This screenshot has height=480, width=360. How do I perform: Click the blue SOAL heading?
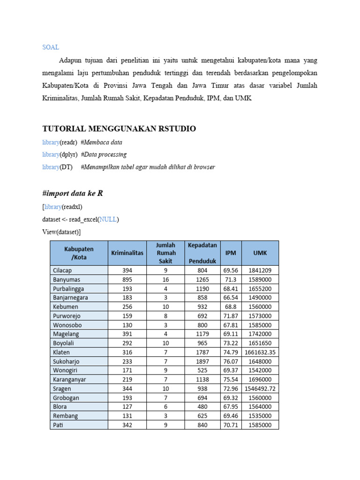51,47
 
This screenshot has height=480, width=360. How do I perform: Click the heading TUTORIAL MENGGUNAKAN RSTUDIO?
119,128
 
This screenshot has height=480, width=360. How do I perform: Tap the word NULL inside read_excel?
108,219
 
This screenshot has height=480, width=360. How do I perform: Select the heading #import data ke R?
73,193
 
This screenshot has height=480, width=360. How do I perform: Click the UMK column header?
260,253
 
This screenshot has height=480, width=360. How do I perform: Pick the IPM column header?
231,253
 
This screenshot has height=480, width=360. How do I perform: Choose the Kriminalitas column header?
127,253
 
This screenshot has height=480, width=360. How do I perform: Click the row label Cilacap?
62,270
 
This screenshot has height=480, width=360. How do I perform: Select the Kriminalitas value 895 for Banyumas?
127,279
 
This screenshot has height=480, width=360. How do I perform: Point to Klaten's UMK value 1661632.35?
260,352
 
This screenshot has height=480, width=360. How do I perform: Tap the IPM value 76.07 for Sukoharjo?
231,361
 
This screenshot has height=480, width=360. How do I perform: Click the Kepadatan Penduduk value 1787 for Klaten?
202,352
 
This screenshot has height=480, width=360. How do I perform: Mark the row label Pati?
58,425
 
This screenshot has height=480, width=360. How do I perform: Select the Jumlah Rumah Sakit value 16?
166,279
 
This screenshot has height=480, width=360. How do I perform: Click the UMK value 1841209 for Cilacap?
260,270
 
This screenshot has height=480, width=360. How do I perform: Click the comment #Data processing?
104,154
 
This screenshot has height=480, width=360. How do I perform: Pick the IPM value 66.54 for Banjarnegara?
231,298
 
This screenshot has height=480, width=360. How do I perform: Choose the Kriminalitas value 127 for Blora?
127,407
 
